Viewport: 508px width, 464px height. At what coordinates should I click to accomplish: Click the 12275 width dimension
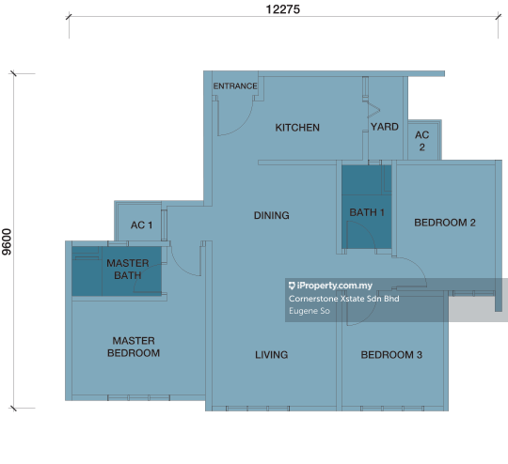[283, 9]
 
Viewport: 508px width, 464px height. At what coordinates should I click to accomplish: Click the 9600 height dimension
[7, 241]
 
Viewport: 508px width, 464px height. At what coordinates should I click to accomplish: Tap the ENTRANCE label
[235, 86]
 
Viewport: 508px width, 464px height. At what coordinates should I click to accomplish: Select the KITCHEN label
[297, 128]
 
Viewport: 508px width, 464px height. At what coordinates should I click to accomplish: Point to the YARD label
[385, 127]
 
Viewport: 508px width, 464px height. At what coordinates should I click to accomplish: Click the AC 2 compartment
[422, 141]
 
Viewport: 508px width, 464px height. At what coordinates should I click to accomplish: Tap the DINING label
[272, 215]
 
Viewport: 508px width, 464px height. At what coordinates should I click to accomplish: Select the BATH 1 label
[367, 212]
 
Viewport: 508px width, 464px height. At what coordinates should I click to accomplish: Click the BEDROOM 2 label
[445, 223]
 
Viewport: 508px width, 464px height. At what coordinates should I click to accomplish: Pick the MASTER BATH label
[128, 270]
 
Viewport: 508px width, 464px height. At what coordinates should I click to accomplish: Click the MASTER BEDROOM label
[134, 347]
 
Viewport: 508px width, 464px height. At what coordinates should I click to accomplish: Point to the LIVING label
[272, 355]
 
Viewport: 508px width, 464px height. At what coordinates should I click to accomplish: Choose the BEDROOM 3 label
[391, 355]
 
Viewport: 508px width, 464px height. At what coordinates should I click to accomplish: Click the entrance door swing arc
[243, 125]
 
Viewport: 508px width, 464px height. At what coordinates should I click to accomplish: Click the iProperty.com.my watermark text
[330, 286]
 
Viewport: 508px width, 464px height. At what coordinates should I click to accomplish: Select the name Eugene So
[310, 311]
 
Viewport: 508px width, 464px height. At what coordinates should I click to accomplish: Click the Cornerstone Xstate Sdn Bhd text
[343, 299]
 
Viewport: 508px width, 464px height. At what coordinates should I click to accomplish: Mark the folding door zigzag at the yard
[373, 110]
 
